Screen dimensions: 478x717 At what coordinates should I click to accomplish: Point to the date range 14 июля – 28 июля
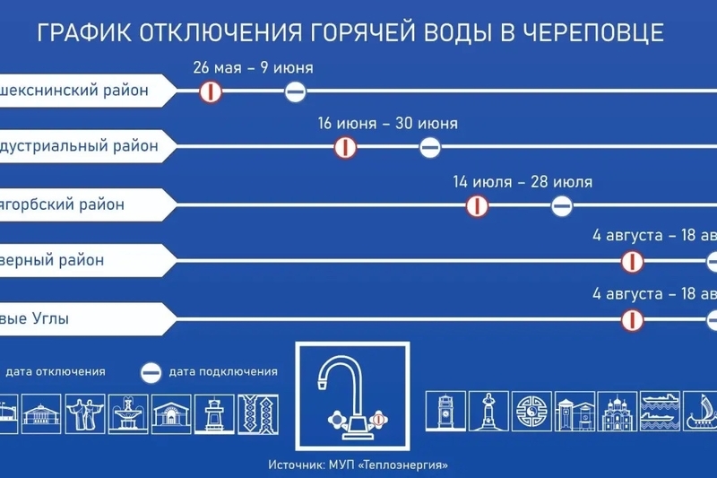(523, 182)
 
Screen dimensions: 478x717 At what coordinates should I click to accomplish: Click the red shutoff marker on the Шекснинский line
(210, 91)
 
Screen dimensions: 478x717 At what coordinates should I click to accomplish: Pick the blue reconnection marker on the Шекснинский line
(296, 91)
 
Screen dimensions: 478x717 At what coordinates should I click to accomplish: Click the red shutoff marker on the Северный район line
(634, 261)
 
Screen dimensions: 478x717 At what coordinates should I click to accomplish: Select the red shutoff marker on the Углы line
(634, 319)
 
